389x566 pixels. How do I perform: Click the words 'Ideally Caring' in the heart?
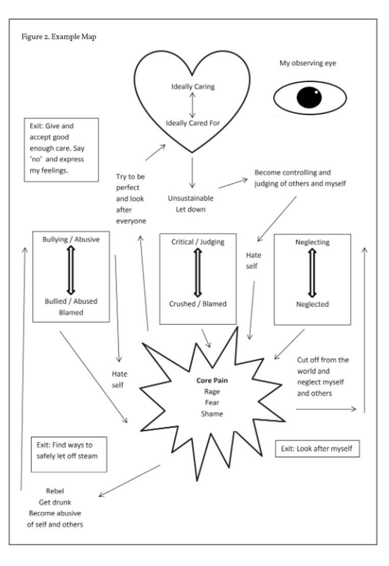pos(193,87)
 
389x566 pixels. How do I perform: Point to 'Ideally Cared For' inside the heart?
pos(193,123)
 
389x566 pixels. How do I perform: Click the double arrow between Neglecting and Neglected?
pos(313,273)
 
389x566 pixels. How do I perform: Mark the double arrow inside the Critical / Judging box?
pos(197,273)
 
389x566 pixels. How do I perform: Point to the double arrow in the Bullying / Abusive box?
pos(71,270)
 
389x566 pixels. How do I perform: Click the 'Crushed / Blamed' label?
pos(198,304)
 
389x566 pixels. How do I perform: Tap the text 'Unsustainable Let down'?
pos(191,203)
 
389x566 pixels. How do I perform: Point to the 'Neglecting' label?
pos(312,243)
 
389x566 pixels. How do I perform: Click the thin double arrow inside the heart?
pos(192,105)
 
